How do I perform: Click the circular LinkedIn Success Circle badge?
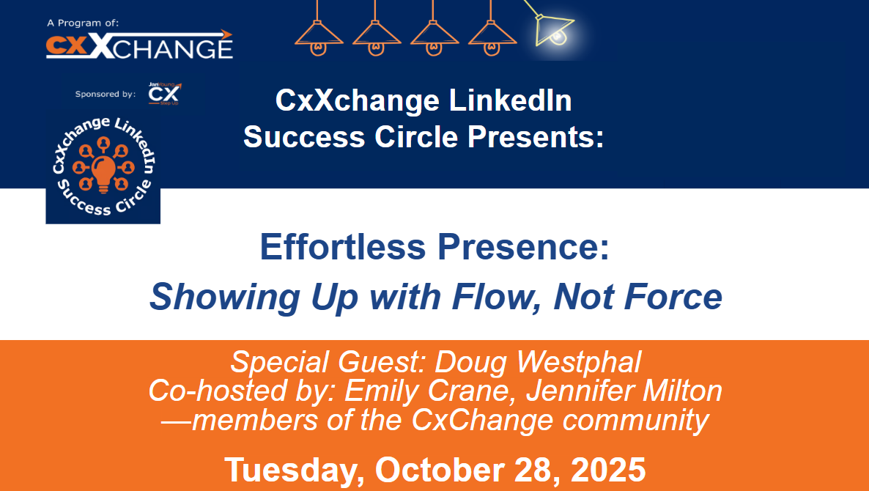click(103, 166)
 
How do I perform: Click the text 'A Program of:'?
click(82, 23)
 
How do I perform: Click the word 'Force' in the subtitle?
click(675, 297)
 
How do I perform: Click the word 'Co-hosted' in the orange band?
click(207, 391)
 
